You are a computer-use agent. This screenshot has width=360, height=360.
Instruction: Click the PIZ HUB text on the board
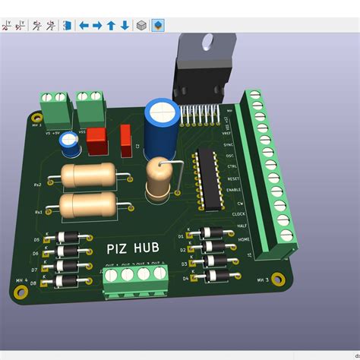click(x=134, y=248)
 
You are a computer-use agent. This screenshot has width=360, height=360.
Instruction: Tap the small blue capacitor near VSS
click(x=71, y=142)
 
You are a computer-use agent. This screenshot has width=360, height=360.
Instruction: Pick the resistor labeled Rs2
click(x=87, y=176)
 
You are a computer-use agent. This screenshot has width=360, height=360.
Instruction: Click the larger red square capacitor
click(x=96, y=140)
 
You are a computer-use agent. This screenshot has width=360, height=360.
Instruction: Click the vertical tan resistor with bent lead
click(x=159, y=178)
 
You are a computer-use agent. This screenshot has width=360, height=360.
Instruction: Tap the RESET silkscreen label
click(x=233, y=178)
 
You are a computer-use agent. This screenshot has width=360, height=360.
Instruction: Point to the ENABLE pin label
click(x=233, y=191)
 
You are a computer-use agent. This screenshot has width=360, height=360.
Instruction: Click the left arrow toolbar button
click(x=84, y=25)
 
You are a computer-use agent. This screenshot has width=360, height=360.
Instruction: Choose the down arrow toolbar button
click(x=125, y=25)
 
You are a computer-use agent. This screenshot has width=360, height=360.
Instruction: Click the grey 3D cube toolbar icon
click(x=141, y=25)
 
